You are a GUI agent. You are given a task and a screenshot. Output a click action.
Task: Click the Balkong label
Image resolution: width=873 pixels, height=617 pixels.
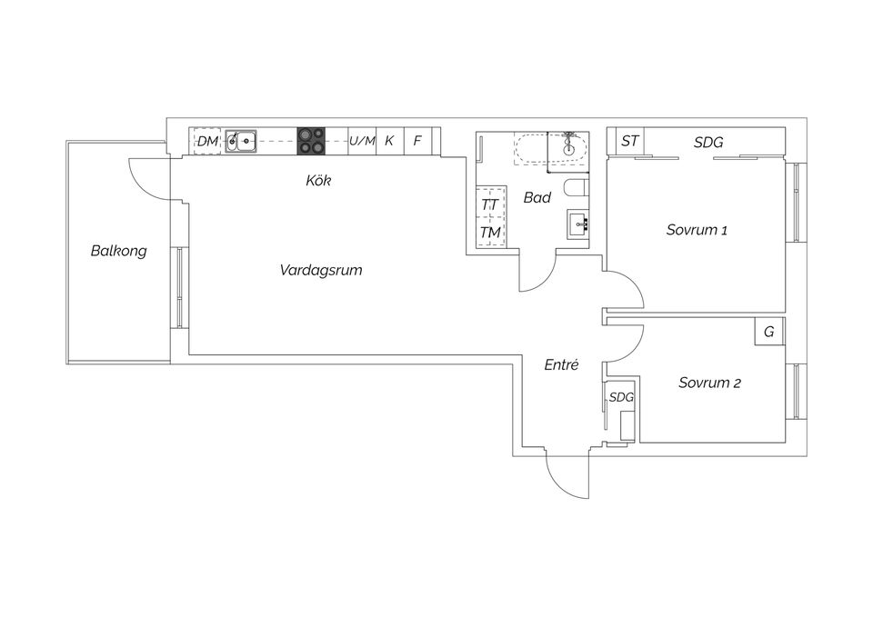click(118, 251)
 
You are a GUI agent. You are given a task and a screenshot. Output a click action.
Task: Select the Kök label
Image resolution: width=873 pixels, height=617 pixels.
click(318, 181)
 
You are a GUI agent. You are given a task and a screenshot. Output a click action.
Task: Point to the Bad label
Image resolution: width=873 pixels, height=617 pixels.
click(537, 197)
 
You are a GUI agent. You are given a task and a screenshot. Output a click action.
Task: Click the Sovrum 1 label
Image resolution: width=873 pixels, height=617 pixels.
click(697, 230)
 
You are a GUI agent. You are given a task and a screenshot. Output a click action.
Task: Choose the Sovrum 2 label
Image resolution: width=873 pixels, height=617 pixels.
click(709, 383)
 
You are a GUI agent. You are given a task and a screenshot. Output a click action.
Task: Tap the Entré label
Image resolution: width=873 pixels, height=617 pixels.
click(562, 364)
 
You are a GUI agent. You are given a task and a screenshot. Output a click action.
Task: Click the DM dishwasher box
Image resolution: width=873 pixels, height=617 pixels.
click(208, 141)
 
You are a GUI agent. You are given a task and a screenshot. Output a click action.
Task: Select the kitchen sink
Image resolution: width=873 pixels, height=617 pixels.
click(241, 140)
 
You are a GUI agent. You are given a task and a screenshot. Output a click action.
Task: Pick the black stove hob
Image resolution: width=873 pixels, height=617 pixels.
click(311, 141)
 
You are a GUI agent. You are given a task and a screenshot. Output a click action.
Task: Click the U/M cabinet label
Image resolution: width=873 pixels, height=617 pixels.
click(362, 141)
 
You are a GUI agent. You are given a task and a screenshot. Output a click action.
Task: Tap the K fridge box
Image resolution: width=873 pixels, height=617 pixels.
click(389, 141)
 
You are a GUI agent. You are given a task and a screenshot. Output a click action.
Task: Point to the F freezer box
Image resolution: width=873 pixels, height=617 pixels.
click(417, 141)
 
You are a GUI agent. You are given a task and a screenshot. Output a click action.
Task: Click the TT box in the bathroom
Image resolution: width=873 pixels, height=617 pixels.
click(490, 204)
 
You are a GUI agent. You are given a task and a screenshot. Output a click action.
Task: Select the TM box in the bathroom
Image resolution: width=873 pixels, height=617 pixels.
click(490, 232)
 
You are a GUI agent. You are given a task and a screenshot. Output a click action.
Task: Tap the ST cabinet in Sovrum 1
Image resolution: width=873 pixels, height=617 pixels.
click(629, 142)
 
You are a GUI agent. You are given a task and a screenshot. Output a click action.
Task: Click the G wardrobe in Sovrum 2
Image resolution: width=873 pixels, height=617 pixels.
click(768, 332)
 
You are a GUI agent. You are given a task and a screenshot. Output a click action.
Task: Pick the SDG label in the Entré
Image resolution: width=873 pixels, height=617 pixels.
click(621, 397)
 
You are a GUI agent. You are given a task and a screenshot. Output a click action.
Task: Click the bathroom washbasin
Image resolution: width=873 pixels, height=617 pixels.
click(578, 224)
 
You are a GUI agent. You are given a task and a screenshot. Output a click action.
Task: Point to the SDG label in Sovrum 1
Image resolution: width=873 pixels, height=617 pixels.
click(708, 143)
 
